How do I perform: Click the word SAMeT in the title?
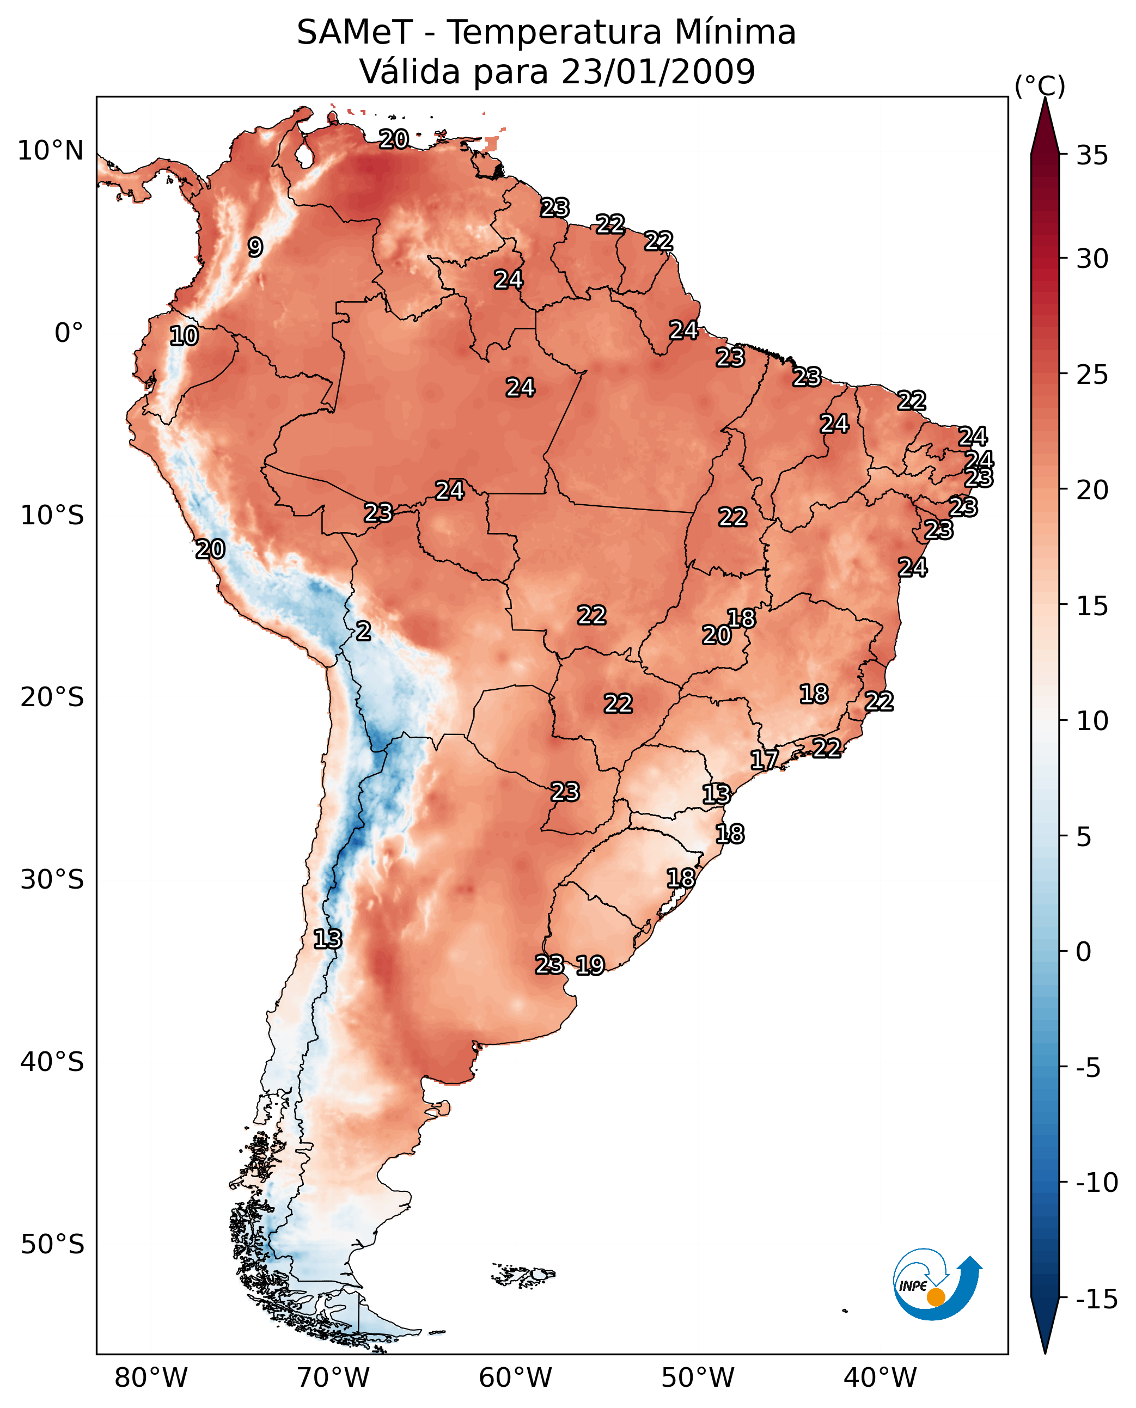pos(354,33)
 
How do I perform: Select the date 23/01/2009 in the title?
pos(658,71)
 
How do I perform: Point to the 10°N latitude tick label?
pos(51,151)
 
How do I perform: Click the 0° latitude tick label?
pos(69,333)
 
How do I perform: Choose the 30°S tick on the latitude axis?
pos(52,879)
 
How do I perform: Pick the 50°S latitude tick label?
pos(52,1244)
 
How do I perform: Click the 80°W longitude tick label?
pos(151,1379)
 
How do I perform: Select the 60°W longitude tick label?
pos(516,1379)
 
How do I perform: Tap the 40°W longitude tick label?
pos(880,1379)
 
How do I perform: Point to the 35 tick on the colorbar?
pos(1092,156)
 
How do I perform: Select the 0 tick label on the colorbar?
pos(1084,951)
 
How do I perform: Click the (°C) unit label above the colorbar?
pos(1040,85)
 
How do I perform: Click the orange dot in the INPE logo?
pos(936,1297)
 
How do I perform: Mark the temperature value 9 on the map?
pos(255,247)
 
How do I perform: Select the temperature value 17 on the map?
pos(764,760)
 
